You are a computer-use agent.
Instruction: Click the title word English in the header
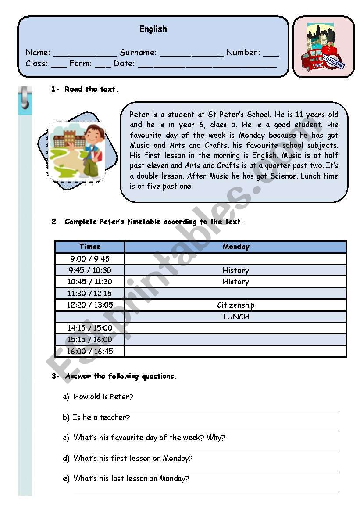(x=153, y=29)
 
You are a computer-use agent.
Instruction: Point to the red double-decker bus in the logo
(x=312, y=60)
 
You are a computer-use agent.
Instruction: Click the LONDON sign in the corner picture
(x=334, y=61)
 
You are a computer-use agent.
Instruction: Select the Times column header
(x=90, y=247)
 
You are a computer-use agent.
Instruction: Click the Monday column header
(x=235, y=247)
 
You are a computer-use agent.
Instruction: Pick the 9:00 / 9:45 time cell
(x=90, y=258)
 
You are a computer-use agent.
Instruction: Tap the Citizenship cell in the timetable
(x=235, y=305)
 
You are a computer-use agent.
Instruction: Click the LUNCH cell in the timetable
(x=235, y=316)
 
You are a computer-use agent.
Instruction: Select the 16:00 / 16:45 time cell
(x=90, y=351)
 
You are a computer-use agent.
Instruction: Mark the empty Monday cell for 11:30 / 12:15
(x=235, y=293)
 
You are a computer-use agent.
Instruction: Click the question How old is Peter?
(x=103, y=397)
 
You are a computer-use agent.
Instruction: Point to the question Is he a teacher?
(x=101, y=417)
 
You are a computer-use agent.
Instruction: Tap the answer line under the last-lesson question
(x=206, y=491)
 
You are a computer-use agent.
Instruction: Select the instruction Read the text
(x=90, y=89)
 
